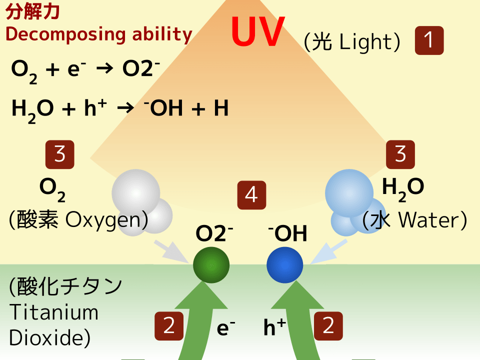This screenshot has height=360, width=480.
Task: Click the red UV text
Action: (x=258, y=32)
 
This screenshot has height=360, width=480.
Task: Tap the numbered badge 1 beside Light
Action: (x=429, y=40)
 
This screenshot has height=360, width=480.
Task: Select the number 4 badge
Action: (x=251, y=194)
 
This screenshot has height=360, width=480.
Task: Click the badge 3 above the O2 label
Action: (x=60, y=154)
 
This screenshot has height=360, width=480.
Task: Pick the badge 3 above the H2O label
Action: (x=400, y=154)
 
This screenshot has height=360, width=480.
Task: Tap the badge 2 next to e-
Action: (x=169, y=326)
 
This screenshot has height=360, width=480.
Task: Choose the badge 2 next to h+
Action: (x=328, y=326)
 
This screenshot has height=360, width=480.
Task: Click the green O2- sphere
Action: (x=211, y=265)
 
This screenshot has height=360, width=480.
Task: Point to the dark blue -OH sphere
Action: (x=284, y=265)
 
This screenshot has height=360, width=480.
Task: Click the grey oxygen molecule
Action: (x=140, y=200)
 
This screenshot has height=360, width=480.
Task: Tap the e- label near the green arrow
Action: (x=225, y=327)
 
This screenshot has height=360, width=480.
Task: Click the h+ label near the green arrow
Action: (x=274, y=327)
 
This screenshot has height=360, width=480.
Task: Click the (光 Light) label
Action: (x=352, y=42)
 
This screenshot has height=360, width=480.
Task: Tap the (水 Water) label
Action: (x=415, y=220)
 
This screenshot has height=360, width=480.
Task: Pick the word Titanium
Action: (x=54, y=312)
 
